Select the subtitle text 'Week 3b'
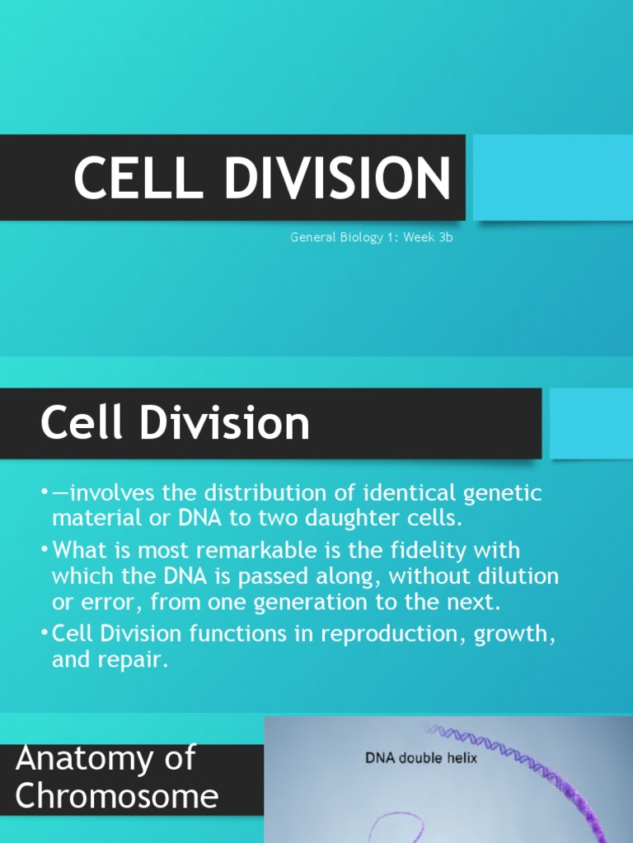[429, 238]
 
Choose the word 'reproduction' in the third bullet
[374, 635]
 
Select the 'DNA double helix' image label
[421, 758]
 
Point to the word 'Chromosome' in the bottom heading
[117, 796]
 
